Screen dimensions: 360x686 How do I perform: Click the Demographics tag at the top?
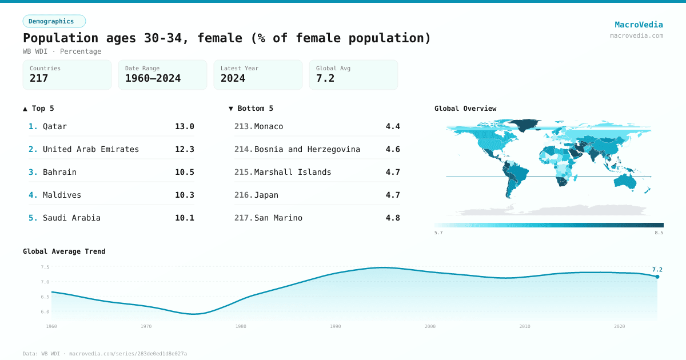(x=54, y=21)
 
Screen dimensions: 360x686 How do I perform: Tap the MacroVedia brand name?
(x=639, y=25)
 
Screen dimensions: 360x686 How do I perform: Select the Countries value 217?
(x=39, y=78)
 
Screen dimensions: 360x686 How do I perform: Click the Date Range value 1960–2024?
(x=153, y=78)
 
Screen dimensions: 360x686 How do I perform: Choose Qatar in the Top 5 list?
(x=55, y=126)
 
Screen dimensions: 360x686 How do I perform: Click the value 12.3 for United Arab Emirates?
(x=185, y=149)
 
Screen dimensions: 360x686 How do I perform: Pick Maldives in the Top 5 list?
(x=62, y=195)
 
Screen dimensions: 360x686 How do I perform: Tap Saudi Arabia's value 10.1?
(x=185, y=218)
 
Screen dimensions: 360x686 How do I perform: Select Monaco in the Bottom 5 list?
(x=269, y=126)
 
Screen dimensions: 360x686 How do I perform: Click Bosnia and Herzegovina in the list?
(x=307, y=149)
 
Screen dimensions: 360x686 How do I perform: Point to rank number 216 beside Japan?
(x=243, y=195)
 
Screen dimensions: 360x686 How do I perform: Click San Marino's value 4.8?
(x=393, y=218)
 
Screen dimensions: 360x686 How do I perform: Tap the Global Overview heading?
(x=465, y=109)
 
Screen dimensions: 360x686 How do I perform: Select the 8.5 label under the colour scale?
(x=659, y=233)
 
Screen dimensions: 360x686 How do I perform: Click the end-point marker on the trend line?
(x=657, y=277)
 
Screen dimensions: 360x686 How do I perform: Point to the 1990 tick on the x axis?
(x=336, y=326)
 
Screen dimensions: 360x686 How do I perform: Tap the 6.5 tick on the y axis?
(x=45, y=297)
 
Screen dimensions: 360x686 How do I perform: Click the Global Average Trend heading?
(x=64, y=251)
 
